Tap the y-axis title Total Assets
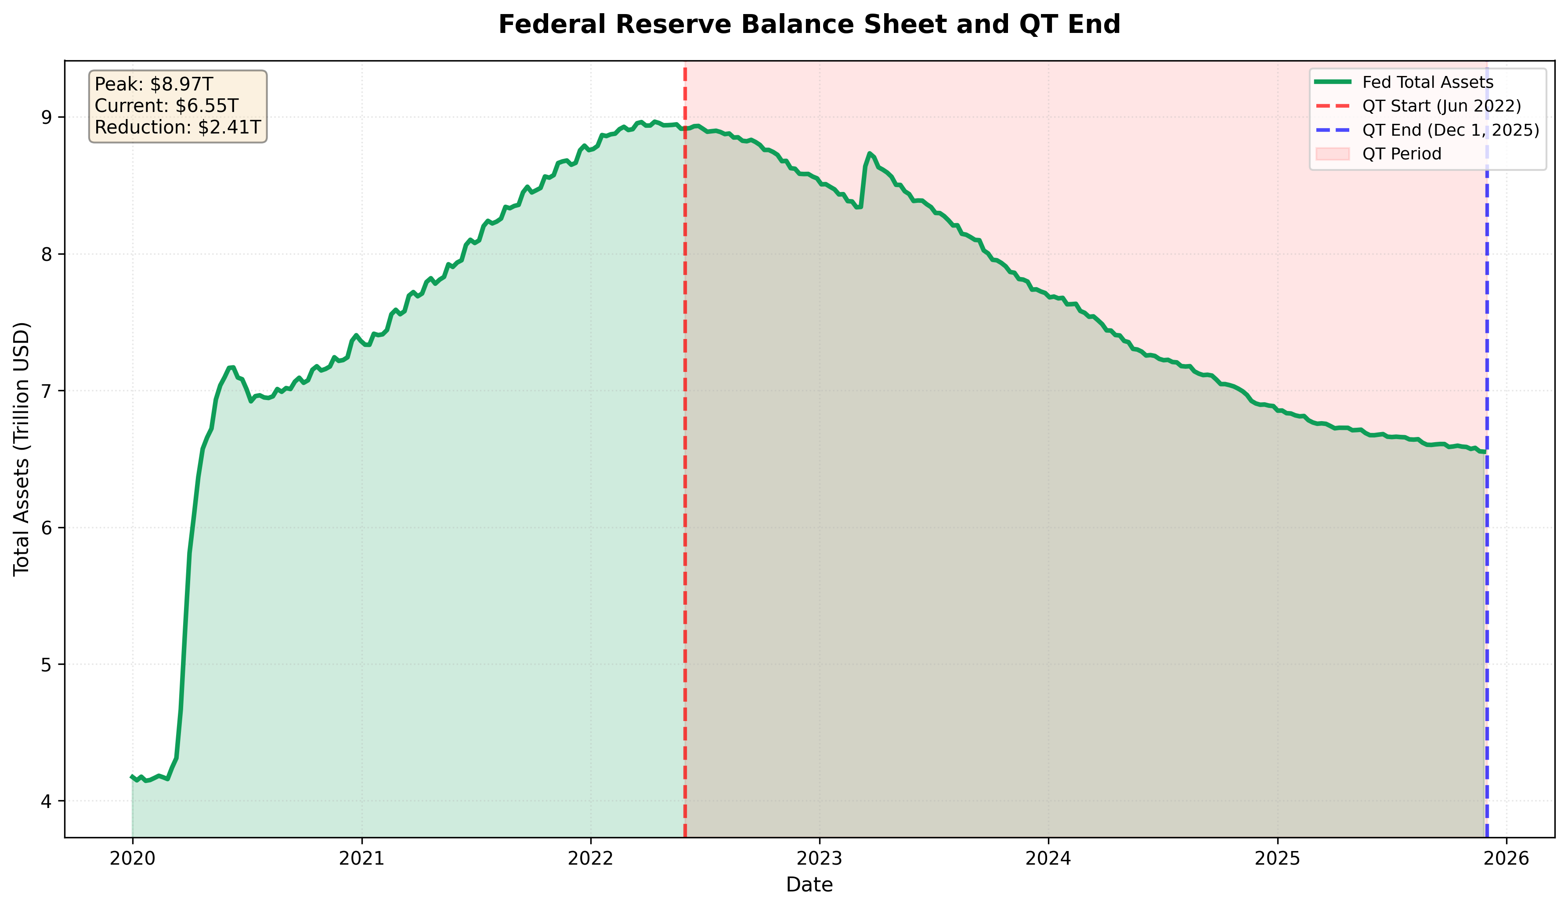tap(22, 449)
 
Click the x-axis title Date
tap(809, 884)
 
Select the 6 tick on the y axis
tap(48, 527)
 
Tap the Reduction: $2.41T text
tap(177, 127)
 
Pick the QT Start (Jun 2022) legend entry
tap(1441, 106)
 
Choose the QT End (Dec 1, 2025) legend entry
tap(1450, 130)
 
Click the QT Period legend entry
tap(1401, 154)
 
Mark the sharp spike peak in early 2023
tap(869, 153)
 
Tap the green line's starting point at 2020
tap(132, 776)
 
